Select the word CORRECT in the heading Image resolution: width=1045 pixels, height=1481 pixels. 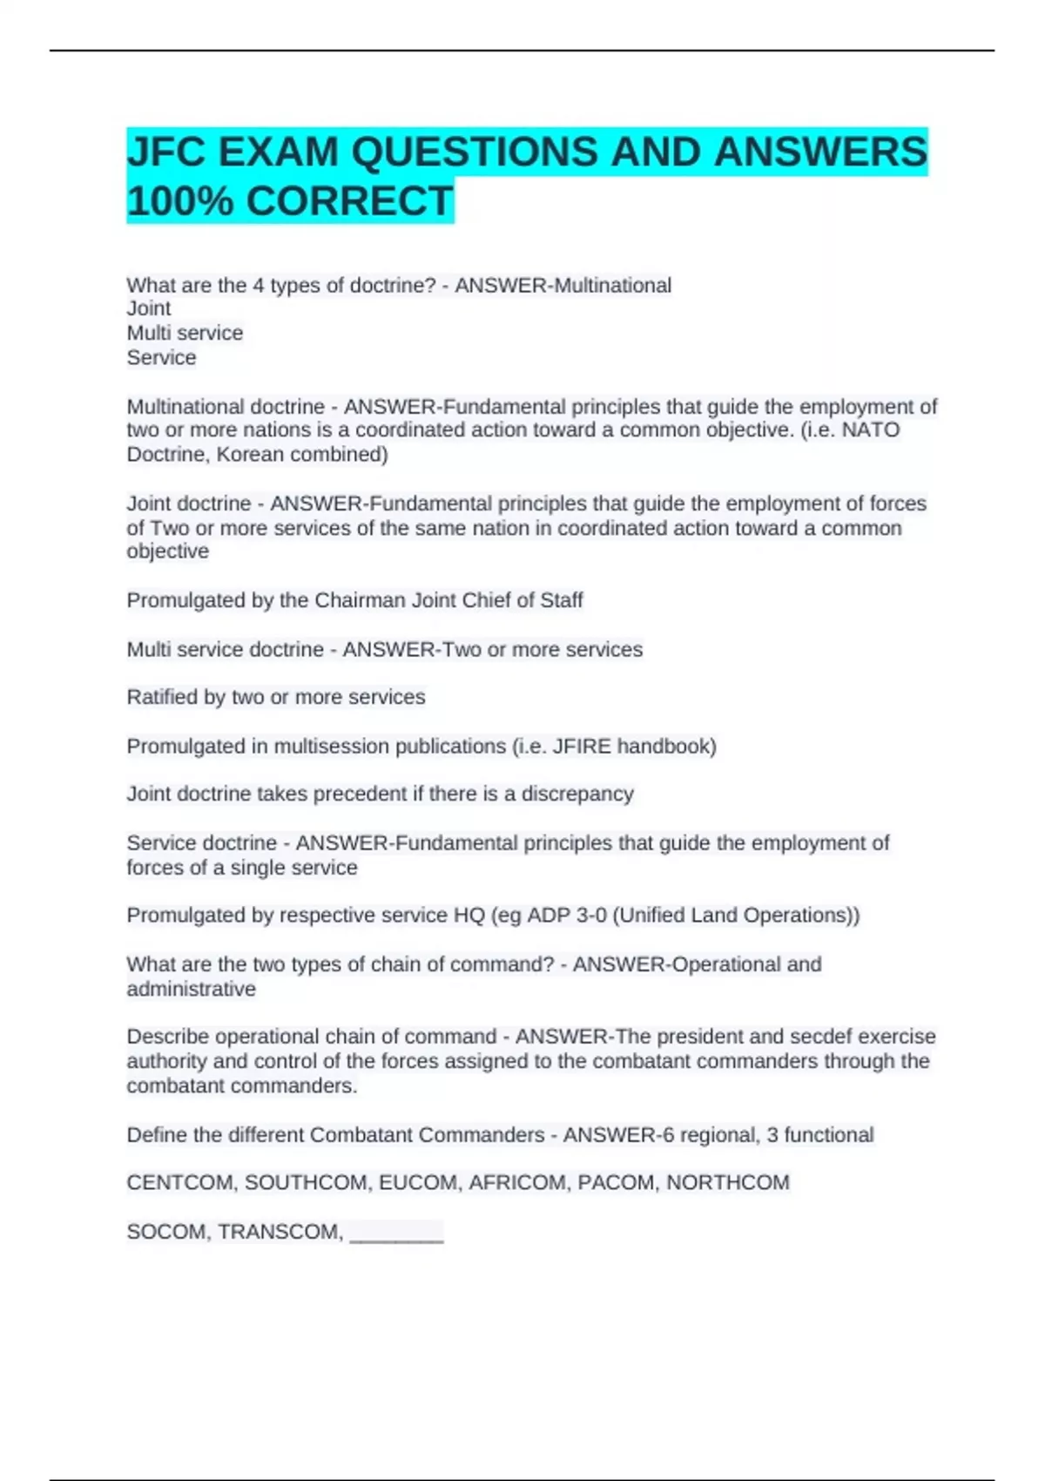point(350,201)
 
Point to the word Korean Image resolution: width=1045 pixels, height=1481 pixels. point(250,455)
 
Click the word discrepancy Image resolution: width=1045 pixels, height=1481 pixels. point(577,795)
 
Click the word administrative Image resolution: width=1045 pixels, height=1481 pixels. point(192,990)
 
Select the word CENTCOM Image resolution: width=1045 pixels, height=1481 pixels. point(180,1183)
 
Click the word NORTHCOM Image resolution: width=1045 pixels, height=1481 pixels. point(728,1183)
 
